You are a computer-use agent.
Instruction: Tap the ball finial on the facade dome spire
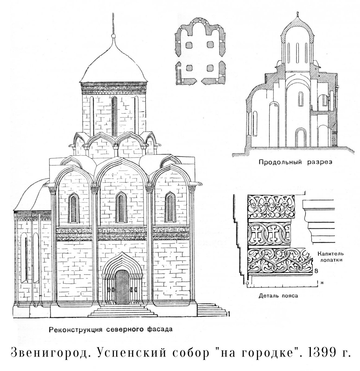click(113, 36)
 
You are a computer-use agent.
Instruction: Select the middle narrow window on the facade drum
click(114, 116)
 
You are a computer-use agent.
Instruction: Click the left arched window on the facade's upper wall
click(74, 208)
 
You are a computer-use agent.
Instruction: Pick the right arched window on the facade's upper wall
click(170, 207)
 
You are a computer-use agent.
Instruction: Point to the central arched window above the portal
click(121, 207)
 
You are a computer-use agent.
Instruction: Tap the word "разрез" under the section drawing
click(320, 162)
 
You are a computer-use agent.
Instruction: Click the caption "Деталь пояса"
click(278, 296)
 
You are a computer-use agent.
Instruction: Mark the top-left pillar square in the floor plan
click(189, 45)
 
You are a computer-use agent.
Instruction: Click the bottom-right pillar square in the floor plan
click(210, 68)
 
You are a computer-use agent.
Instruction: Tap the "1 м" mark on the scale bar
click(319, 283)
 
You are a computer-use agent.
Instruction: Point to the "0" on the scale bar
click(247, 283)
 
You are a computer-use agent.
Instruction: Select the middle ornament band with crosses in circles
click(269, 234)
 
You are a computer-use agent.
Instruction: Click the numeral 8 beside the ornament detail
click(316, 271)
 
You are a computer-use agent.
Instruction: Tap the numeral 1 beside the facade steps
click(229, 313)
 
